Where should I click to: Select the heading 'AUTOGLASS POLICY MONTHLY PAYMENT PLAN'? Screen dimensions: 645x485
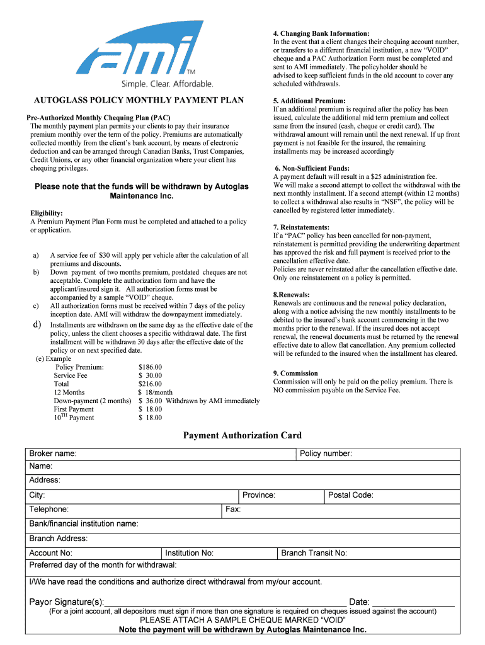point(138,101)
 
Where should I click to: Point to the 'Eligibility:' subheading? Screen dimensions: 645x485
point(47,214)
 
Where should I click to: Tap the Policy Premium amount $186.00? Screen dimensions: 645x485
point(150,367)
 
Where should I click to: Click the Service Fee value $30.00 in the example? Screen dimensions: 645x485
point(150,375)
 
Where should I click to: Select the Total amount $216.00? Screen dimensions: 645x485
point(150,384)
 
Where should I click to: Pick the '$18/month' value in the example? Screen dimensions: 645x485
point(155,392)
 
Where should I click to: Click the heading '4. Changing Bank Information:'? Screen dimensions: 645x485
point(321,33)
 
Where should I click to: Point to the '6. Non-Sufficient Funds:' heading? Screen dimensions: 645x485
point(312,168)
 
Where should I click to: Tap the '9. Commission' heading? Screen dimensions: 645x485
point(295,373)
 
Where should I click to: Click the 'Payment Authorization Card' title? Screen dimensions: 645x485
point(243,435)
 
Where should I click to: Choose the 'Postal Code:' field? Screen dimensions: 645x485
point(416,495)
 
